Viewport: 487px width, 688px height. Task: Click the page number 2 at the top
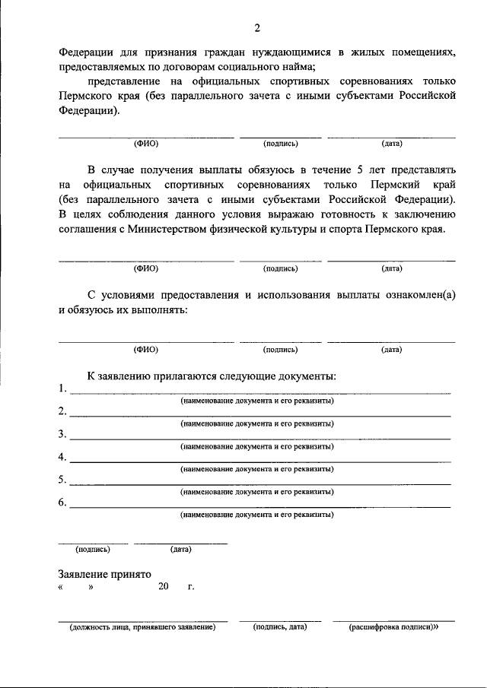[x=257, y=29]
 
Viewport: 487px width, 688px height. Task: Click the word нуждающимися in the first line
[x=288, y=52]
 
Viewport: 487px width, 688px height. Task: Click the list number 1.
[x=62, y=389]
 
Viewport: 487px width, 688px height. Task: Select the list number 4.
[x=62, y=457]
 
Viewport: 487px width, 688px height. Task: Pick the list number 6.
[x=62, y=503]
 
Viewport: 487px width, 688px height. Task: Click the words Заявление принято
[x=105, y=574]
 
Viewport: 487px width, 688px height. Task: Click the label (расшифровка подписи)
[x=393, y=628]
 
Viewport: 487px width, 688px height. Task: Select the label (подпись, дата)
[x=279, y=628]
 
